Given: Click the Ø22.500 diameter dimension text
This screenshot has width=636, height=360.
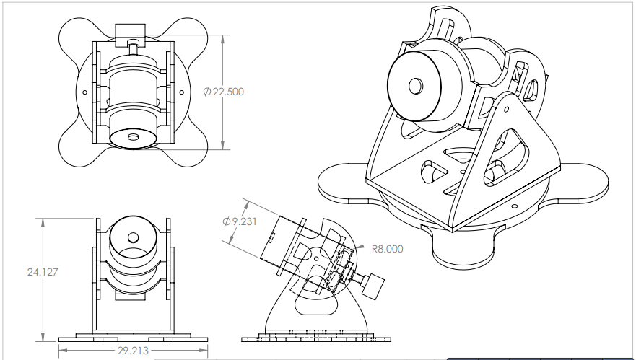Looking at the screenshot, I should pos(223,92).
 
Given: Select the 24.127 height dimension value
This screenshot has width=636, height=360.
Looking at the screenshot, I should pos(43,273).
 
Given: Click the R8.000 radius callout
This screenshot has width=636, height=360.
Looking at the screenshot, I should pos(387,249).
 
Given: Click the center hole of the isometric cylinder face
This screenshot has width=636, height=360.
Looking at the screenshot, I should pos(415,86).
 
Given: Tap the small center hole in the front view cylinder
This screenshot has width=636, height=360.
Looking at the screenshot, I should pos(133,237).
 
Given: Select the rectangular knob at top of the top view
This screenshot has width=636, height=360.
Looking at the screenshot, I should pos(131,30).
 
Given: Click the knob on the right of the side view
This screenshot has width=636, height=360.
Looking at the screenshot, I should pos(373,286).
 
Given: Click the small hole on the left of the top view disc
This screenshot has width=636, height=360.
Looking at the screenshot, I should pos(85,92).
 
